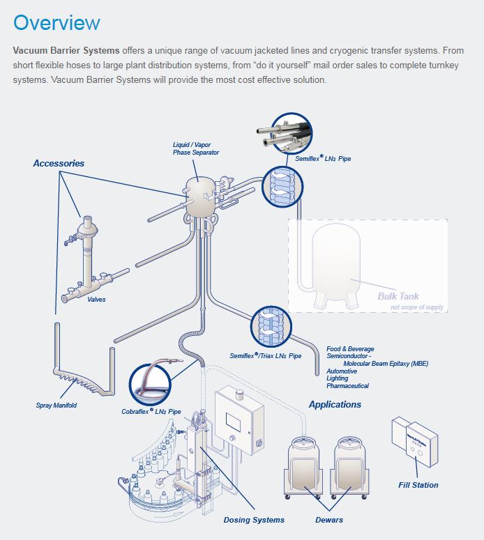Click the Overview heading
pyautogui.click(x=56, y=22)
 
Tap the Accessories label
pyautogui.click(x=59, y=163)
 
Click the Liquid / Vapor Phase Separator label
pyautogui.click(x=196, y=148)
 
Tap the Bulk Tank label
pyautogui.click(x=398, y=296)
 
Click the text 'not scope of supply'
pyautogui.click(x=416, y=307)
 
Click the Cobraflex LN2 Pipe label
pyautogui.click(x=151, y=412)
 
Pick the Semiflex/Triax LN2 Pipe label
pyautogui.click(x=266, y=356)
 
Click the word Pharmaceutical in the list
pyautogui.click(x=347, y=386)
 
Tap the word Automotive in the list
pyautogui.click(x=342, y=371)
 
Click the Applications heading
pyautogui.click(x=335, y=404)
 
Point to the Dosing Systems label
pyautogui.click(x=254, y=520)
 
